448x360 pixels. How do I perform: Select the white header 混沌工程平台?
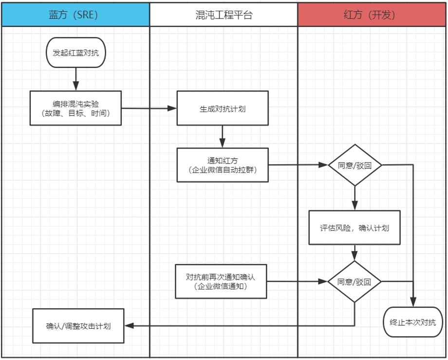pos(224,15)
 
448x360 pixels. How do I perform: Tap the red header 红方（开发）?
pos(372,15)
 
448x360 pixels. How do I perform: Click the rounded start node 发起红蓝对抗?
pos(75,52)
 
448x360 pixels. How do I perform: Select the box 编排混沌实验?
pos(75,108)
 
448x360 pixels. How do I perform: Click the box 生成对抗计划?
pos(223,108)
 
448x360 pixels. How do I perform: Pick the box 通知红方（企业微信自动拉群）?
pos(223,165)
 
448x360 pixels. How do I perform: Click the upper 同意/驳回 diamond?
pos(355,165)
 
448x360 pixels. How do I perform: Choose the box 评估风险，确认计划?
pos(355,227)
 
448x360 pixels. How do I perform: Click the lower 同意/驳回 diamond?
pos(355,281)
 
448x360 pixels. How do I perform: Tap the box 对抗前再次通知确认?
pos(221,282)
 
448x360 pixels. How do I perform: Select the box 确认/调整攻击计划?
pos(78,325)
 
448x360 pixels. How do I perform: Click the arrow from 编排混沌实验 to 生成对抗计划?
pos(149,108)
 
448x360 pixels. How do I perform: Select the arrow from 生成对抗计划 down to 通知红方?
pos(223,136)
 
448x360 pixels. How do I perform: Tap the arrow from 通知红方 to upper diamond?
pos(298,165)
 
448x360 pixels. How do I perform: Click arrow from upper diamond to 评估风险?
pos(355,198)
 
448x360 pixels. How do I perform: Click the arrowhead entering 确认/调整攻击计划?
pos(129,325)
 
